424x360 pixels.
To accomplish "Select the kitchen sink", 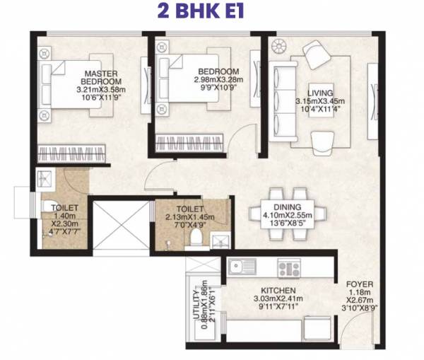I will tap(245, 267).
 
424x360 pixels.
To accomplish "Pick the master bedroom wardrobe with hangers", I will tap(73, 151).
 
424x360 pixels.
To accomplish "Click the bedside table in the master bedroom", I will tap(44, 53).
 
